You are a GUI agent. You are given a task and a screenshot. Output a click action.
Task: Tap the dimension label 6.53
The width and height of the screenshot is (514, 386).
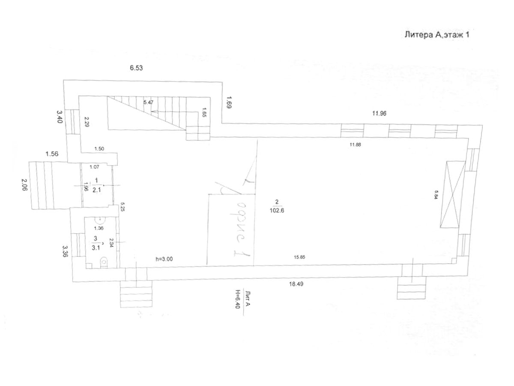(137, 68)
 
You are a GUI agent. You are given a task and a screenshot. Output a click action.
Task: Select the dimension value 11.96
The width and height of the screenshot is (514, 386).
(380, 114)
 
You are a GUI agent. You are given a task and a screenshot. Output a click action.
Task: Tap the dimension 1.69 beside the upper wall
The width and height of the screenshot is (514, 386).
(229, 103)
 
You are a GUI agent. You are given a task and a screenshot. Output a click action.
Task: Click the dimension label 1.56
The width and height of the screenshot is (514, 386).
(52, 154)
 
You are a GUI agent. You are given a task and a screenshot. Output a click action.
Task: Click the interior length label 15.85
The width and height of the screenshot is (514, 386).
(299, 257)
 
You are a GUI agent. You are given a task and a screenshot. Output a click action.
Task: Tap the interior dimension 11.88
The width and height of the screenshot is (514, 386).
(355, 144)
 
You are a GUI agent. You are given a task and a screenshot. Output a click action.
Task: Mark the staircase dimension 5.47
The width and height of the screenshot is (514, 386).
(149, 102)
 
